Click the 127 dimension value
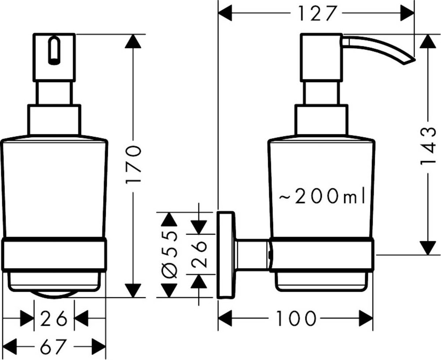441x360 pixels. click(317, 13)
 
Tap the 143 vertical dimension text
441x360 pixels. click(427, 145)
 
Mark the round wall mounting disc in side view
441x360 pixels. click(226, 255)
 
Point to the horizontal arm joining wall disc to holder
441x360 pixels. click(252, 255)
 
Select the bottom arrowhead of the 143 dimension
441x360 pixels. click(426, 247)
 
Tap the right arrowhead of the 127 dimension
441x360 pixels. click(407, 13)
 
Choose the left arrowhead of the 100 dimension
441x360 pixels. click(226, 318)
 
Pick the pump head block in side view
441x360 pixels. click(320, 58)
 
